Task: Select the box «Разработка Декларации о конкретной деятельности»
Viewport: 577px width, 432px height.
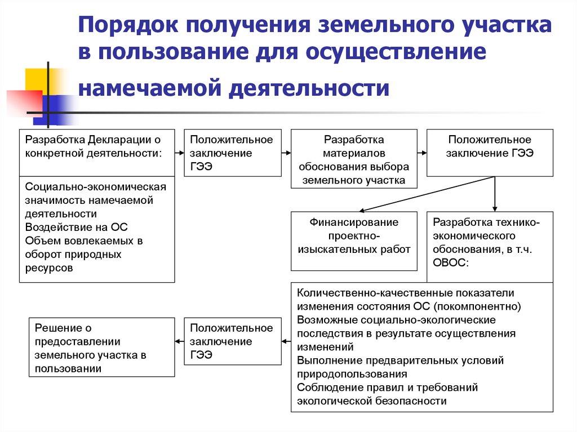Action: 97,152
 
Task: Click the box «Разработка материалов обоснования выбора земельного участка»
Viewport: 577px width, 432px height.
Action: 354,159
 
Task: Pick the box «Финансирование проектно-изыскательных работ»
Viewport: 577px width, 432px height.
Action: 354,241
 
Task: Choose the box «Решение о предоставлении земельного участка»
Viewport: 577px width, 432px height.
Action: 101,347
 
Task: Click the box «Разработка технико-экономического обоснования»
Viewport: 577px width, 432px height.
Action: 490,247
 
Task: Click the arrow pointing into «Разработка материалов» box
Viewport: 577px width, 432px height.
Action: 286,153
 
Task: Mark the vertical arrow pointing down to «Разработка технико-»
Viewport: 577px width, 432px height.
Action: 495,194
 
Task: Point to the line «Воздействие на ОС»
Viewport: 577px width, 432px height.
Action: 77,227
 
